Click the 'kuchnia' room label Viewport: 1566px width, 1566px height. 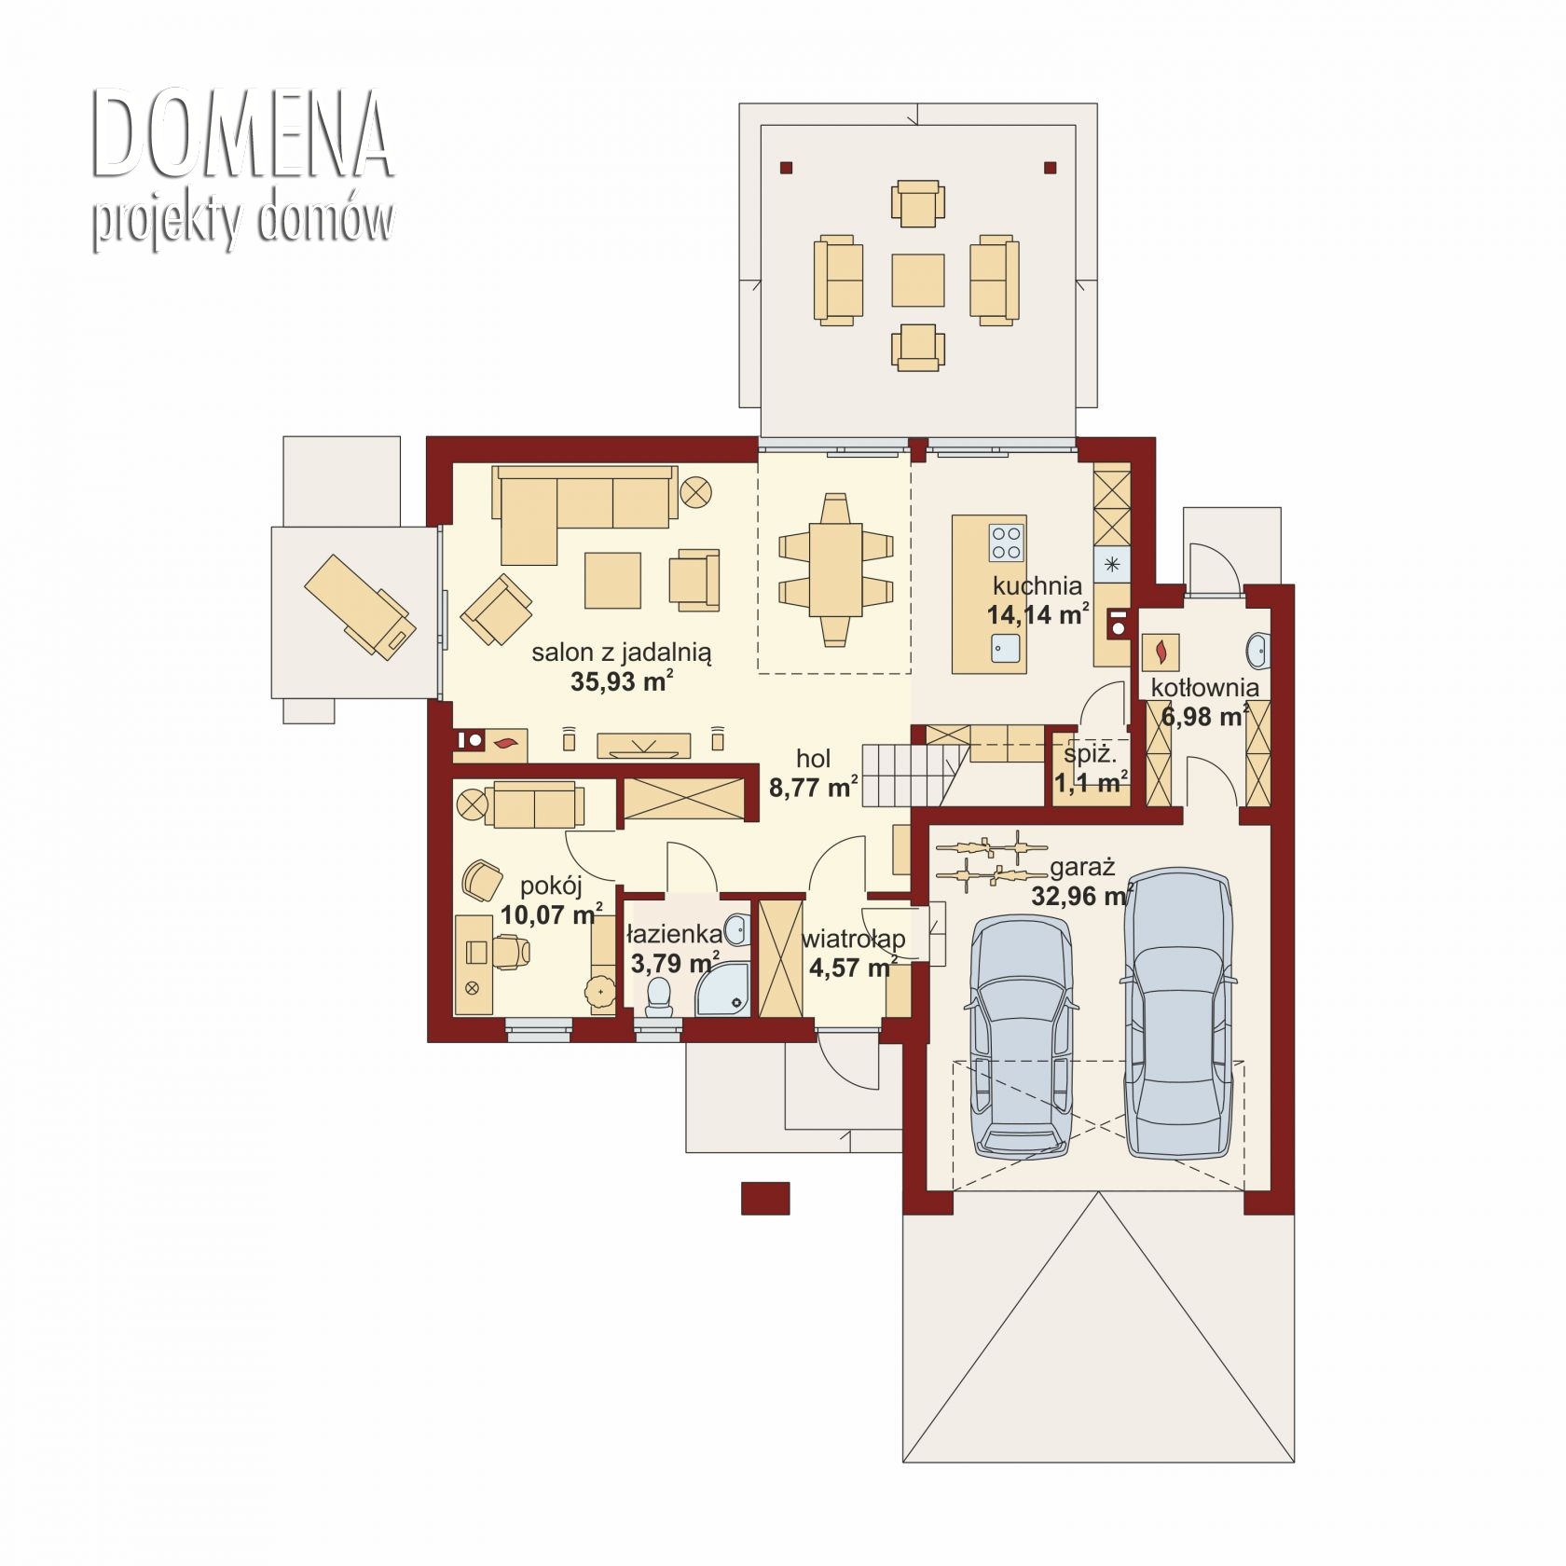click(1037, 585)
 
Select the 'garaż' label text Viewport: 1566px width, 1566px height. click(1082, 868)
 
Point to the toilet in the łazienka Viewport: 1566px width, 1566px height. click(659, 996)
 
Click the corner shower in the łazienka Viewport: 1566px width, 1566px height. click(722, 987)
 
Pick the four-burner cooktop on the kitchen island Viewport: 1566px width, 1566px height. click(1006, 543)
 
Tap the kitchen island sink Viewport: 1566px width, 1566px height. click(1005, 646)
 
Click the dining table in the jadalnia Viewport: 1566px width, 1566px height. click(835, 568)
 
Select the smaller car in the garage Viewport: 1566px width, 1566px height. click(1022, 1035)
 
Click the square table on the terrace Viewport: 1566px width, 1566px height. click(917, 280)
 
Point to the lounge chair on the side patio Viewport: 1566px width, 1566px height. click(357, 607)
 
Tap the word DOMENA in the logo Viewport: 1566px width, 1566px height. click(242, 135)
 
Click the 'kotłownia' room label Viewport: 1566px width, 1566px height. click(1204, 688)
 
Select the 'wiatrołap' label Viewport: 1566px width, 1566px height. click(853, 938)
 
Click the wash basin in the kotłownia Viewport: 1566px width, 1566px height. click(1257, 649)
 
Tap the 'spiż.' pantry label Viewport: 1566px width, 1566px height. click(1089, 753)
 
